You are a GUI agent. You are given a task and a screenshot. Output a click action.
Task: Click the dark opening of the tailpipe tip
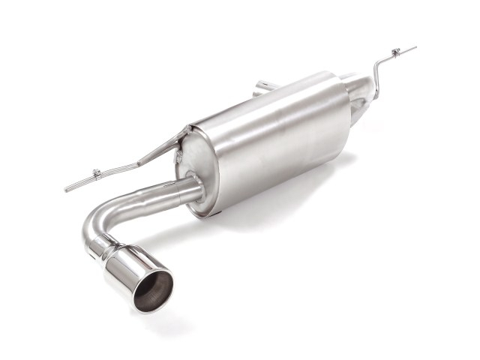pyautogui.click(x=153, y=289)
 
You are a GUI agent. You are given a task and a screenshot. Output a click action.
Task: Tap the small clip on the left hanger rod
pyautogui.click(x=97, y=175)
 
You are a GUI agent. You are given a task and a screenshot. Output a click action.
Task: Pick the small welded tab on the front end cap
pyautogui.click(x=181, y=155)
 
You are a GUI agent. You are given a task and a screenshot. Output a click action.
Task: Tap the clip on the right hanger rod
pyautogui.click(x=394, y=53)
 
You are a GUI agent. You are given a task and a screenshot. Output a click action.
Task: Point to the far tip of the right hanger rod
pyautogui.click(x=414, y=48)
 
